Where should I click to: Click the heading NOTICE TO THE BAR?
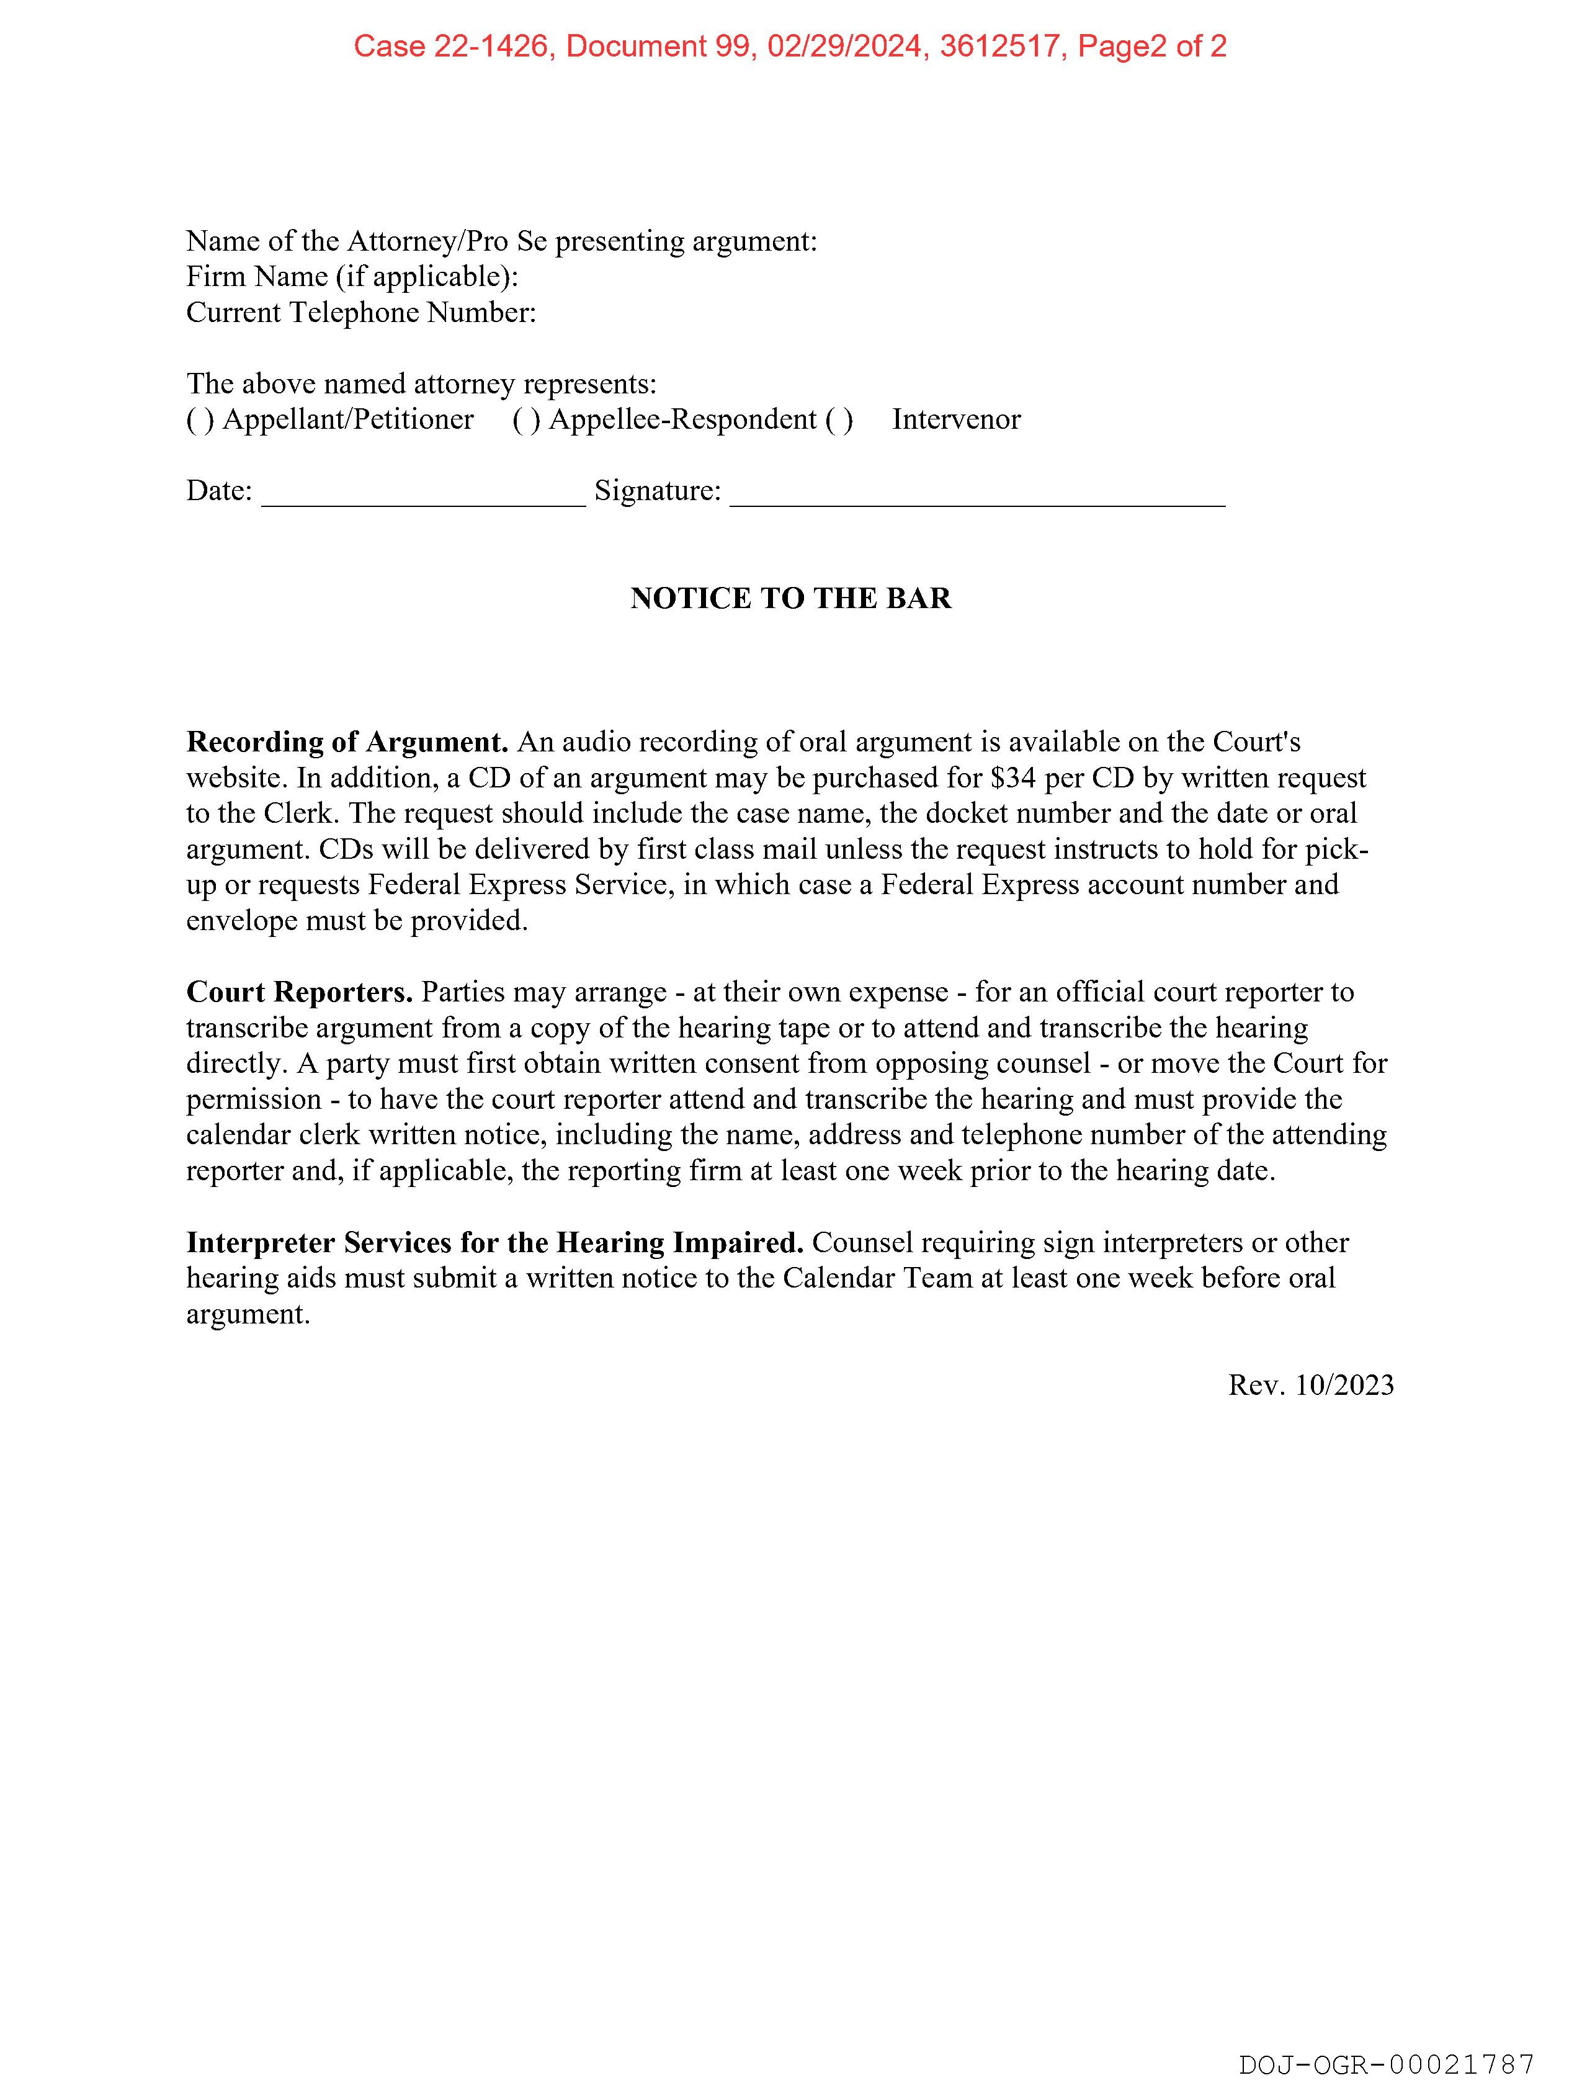791,598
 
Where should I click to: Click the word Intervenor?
956,419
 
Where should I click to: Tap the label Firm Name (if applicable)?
352,277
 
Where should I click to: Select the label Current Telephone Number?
360,313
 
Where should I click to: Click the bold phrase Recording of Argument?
347,742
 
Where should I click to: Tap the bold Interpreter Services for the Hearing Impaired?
494,1243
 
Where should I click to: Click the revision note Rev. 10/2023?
1311,1385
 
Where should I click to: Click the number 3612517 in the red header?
999,46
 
